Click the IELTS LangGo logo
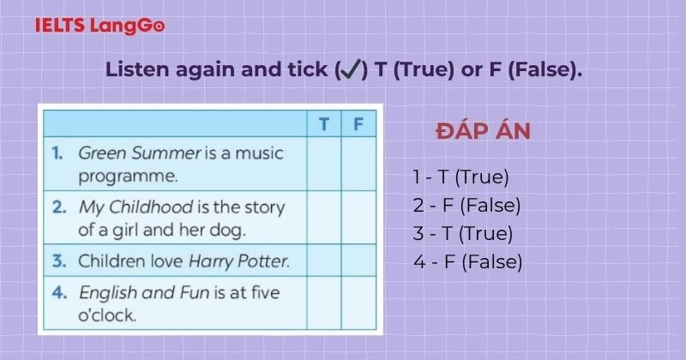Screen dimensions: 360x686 (x=100, y=26)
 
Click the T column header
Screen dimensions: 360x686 (x=324, y=123)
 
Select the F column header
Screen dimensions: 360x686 (x=358, y=123)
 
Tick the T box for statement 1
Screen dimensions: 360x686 (x=324, y=164)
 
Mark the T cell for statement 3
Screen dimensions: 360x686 (x=324, y=260)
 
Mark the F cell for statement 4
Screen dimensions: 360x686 (x=358, y=303)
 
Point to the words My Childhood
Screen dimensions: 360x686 (x=127, y=207)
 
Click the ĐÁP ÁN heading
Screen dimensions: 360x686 (x=483, y=131)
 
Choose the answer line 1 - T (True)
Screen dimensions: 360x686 (x=460, y=177)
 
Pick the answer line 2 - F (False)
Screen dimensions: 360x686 (x=466, y=205)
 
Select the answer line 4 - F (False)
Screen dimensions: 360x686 (x=467, y=261)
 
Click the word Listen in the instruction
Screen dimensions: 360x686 (x=134, y=70)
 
